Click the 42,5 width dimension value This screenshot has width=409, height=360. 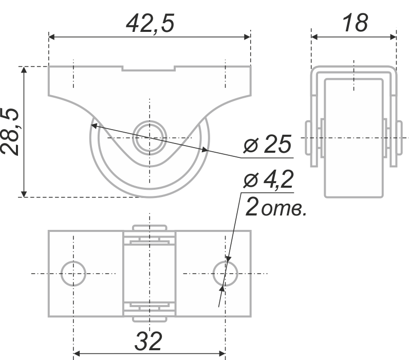(150, 24)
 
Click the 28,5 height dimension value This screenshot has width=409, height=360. (10, 132)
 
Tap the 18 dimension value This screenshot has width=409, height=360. (355, 23)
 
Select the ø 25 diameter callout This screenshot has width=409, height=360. (267, 144)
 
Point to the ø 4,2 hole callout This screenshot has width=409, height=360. (268, 179)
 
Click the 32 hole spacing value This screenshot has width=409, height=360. (148, 341)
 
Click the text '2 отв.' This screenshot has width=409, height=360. (276, 207)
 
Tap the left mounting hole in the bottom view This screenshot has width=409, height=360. (73, 274)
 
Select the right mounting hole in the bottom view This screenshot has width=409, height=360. (225, 274)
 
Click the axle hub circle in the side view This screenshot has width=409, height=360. (150, 138)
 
